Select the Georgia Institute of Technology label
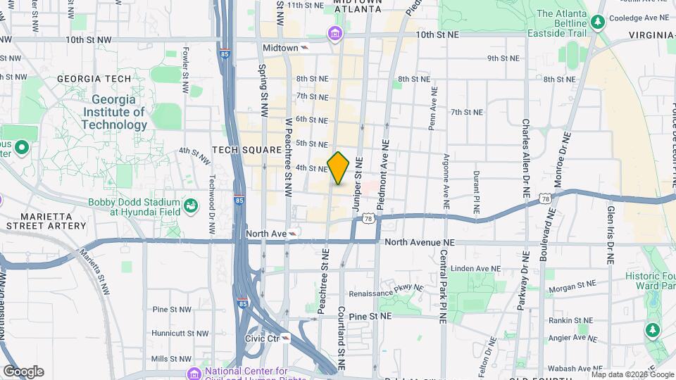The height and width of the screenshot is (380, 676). click(x=114, y=113)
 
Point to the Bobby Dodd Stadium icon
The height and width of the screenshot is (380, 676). click(x=190, y=206)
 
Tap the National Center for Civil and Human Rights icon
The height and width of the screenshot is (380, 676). click(x=193, y=372)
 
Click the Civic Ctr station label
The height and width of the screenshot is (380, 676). click(x=262, y=338)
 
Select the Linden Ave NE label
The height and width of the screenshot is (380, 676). click(x=480, y=268)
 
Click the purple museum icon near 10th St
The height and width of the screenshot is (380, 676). click(x=334, y=33)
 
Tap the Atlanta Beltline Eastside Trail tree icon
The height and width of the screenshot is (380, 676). click(x=598, y=23)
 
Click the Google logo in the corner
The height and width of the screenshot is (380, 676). click(x=23, y=372)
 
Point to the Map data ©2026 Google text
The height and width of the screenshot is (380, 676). click(x=631, y=374)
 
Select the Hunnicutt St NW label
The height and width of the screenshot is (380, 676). click(x=181, y=334)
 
